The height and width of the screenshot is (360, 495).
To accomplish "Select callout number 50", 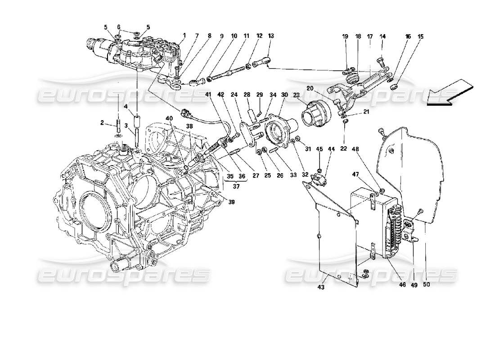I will [x=426, y=284].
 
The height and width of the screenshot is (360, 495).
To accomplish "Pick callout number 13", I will [x=270, y=35].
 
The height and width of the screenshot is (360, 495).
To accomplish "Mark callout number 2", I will [x=103, y=122].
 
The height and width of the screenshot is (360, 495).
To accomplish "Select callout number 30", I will [x=284, y=95].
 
